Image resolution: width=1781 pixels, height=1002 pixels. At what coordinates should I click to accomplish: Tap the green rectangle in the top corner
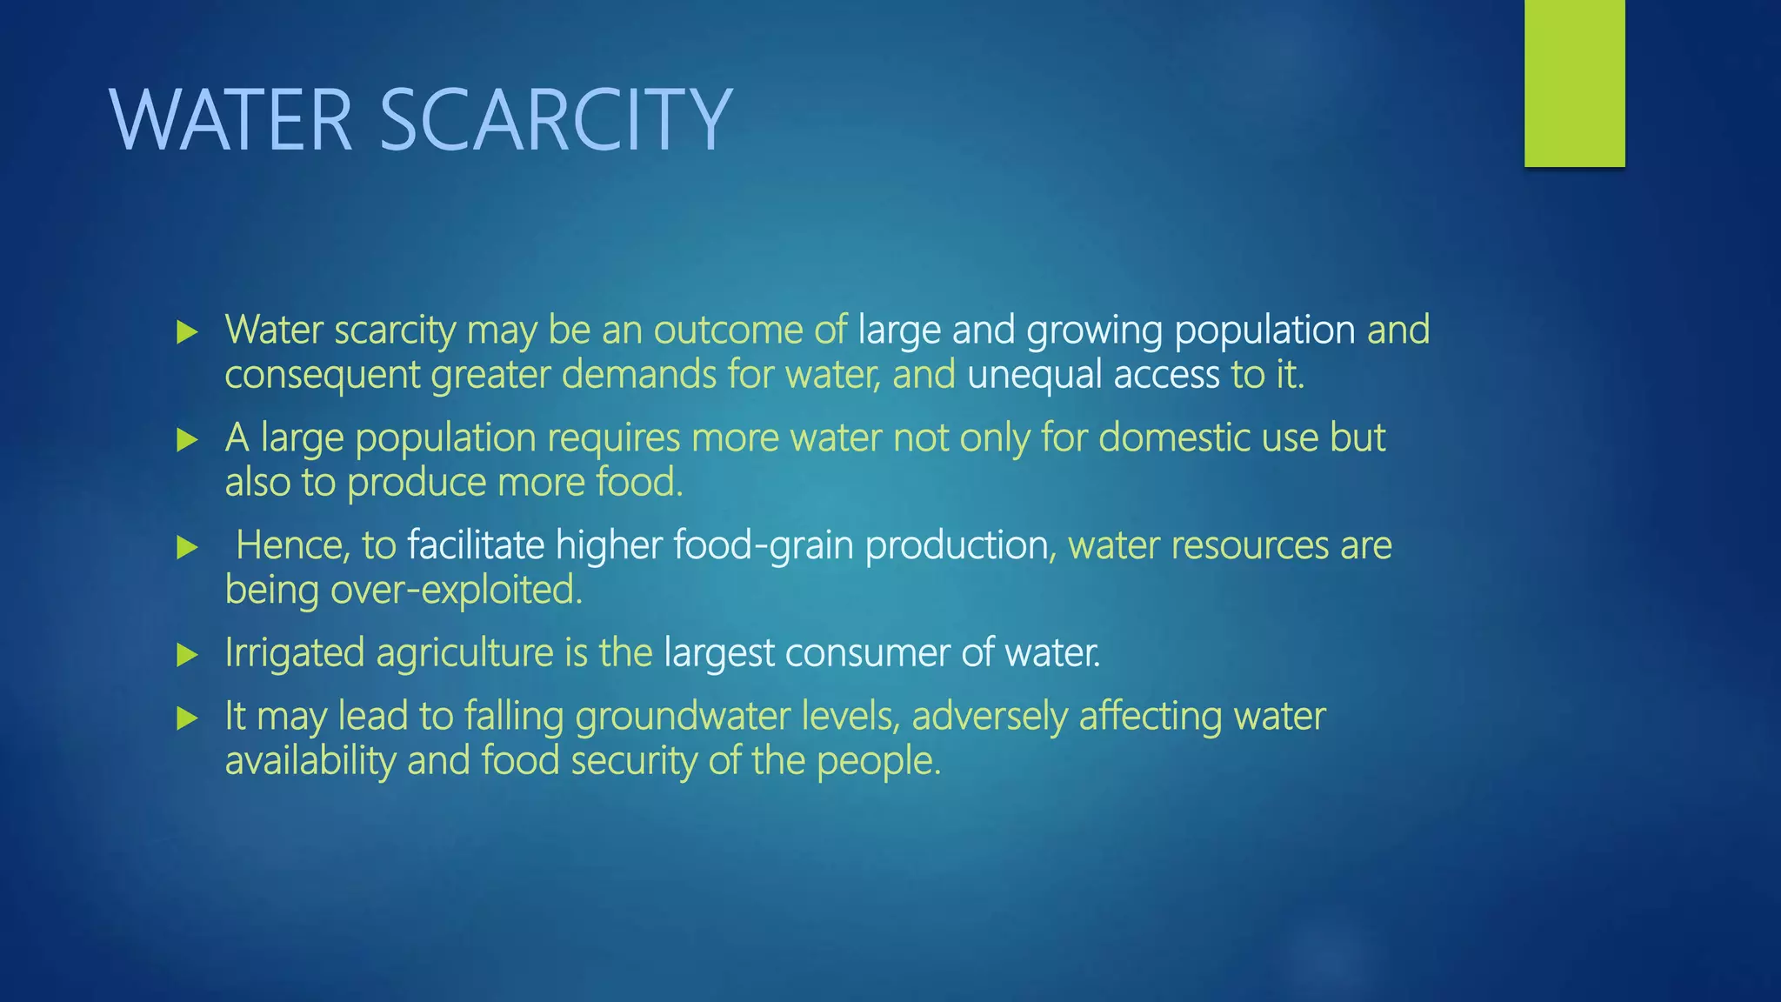pos(1574,83)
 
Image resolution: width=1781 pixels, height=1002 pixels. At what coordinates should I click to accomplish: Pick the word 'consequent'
pos(322,376)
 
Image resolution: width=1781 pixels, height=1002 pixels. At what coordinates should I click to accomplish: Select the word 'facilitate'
pos(476,545)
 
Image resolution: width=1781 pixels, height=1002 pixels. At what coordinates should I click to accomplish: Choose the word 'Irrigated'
pos(294,653)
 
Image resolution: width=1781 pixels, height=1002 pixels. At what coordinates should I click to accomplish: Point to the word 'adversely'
pos(989,717)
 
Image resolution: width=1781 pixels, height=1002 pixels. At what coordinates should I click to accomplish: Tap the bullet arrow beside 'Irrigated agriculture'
pos(187,655)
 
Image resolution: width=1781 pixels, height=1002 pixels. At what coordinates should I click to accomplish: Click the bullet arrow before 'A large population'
pos(187,440)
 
